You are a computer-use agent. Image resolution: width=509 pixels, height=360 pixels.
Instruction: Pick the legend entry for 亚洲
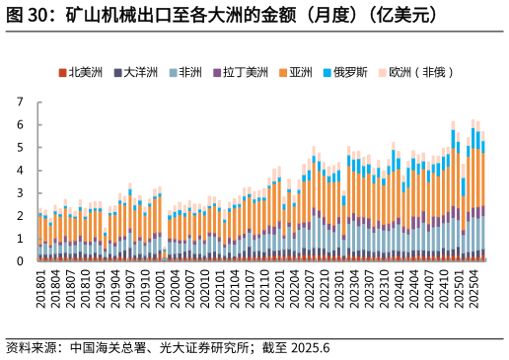pyautogui.click(x=300, y=72)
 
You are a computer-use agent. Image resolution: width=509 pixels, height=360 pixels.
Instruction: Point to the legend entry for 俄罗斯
pyautogui.click(x=349, y=72)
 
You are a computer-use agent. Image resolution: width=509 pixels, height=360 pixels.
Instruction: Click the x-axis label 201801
pyautogui.click(x=40, y=290)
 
